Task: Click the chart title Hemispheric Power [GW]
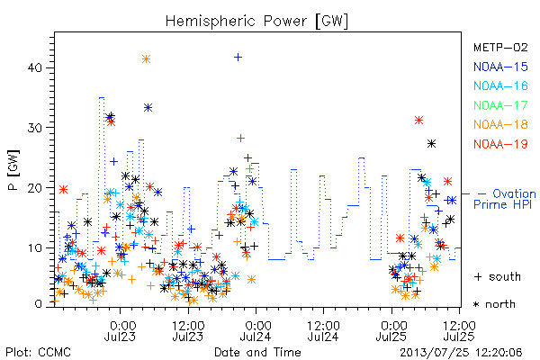pyautogui.click(x=256, y=21)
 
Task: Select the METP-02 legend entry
pyautogui.click(x=500, y=48)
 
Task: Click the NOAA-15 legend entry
pyautogui.click(x=500, y=67)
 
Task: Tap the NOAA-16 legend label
pyautogui.click(x=500, y=85)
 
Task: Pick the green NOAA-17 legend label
pyautogui.click(x=500, y=105)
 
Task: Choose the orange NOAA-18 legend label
pyautogui.click(x=500, y=124)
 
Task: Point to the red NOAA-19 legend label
pyautogui.click(x=500, y=144)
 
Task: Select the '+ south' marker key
pyautogui.click(x=498, y=276)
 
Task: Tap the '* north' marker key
pyautogui.click(x=494, y=304)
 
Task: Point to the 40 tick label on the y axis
pyautogui.click(x=34, y=67)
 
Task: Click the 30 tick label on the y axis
pyautogui.click(x=34, y=128)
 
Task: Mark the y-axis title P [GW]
pyautogui.click(x=13, y=170)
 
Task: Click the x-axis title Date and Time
pyautogui.click(x=257, y=352)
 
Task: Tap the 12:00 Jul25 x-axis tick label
pyautogui.click(x=459, y=330)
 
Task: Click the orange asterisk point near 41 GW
pyautogui.click(x=146, y=58)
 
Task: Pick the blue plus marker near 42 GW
pyautogui.click(x=238, y=58)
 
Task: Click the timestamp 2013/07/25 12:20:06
pyautogui.click(x=461, y=353)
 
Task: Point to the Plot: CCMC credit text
pyautogui.click(x=38, y=353)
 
